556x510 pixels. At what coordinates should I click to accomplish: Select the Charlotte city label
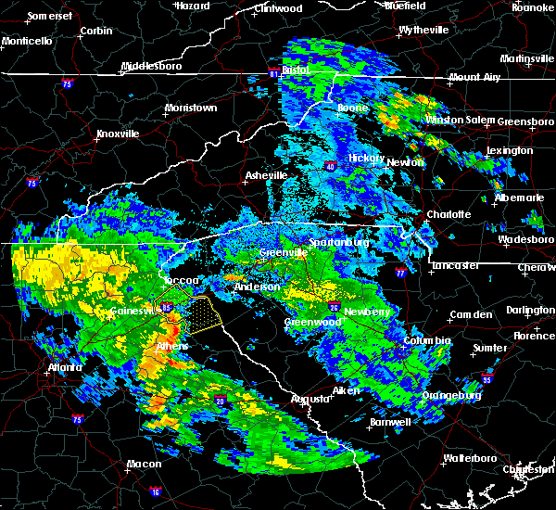tap(449, 214)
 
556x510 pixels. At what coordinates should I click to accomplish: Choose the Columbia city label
tap(427, 341)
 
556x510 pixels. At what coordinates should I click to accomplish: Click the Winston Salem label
tap(457, 121)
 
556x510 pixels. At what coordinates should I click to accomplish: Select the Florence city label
tap(534, 336)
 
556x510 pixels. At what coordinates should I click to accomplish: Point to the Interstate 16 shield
tap(154, 489)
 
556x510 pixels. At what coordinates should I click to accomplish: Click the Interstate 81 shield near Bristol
tap(274, 71)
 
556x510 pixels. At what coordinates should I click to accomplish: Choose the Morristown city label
tap(190, 108)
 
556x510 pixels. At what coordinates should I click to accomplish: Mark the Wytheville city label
tap(423, 31)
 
